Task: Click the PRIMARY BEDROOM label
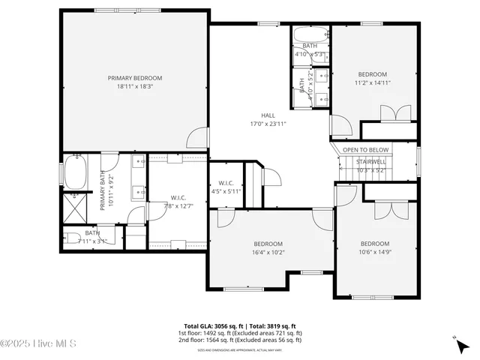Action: pos(134,78)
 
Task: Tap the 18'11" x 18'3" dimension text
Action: pos(134,87)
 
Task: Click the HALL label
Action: pos(268,115)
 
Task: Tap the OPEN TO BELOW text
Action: pos(366,150)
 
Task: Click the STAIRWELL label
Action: pos(370,161)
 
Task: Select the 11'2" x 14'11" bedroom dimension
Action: pos(372,82)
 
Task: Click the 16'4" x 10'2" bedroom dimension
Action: pos(268,253)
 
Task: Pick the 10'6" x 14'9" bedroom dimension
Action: pos(375,253)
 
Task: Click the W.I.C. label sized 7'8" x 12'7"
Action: pos(178,198)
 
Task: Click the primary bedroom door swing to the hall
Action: pos(199,138)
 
